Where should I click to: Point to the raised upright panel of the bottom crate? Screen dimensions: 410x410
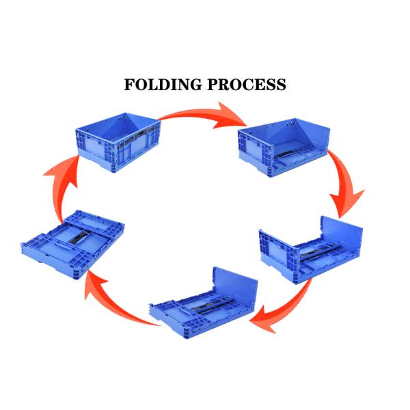point(236,287)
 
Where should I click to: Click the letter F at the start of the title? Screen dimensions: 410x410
point(129,85)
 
